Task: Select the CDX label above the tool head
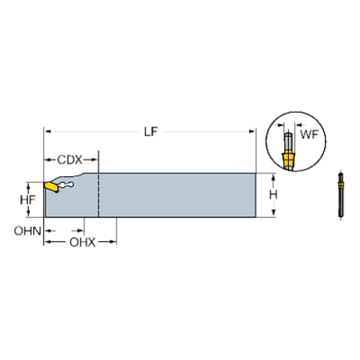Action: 70,159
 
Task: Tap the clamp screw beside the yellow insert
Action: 65,185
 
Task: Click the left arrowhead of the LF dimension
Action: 48,132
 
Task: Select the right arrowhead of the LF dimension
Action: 252,132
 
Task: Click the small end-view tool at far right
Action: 339,195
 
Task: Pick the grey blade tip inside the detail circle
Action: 289,140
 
